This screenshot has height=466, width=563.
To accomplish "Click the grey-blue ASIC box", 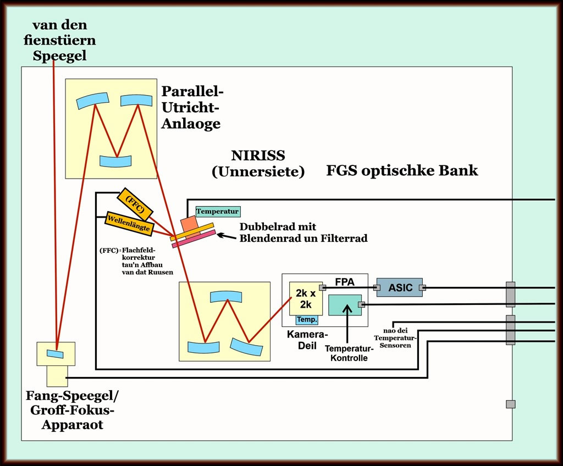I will tap(400, 287).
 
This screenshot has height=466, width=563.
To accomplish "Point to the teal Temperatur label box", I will tap(218, 211).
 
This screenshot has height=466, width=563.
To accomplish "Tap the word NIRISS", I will tap(258, 156).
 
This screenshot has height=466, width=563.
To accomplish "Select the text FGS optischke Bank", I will tap(402, 170).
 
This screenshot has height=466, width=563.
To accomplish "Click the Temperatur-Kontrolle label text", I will tap(349, 353).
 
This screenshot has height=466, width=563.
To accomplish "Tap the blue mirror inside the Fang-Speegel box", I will tap(54, 353).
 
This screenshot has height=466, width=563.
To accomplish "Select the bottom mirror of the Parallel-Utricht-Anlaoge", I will tap(116, 160).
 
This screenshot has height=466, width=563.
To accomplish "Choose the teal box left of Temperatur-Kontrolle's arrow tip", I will tap(344, 305).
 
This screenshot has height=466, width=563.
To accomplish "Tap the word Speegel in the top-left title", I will tap(59, 56).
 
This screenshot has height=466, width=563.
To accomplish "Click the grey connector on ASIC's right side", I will tap(422, 287).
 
